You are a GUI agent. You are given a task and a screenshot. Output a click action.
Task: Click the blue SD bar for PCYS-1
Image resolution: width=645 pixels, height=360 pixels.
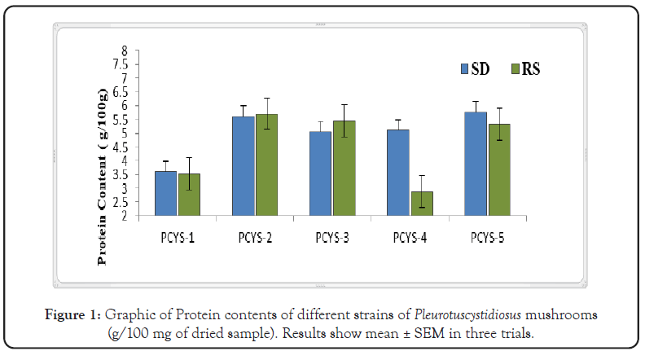point(165,194)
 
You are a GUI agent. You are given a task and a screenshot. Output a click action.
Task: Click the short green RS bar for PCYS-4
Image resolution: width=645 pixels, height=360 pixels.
point(422,204)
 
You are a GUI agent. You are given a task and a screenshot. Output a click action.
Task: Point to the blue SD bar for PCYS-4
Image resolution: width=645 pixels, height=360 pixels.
point(398,173)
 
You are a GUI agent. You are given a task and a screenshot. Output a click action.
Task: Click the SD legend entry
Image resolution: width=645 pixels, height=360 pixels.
point(472,68)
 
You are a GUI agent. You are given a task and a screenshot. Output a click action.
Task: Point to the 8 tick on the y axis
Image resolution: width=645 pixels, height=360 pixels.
point(125,50)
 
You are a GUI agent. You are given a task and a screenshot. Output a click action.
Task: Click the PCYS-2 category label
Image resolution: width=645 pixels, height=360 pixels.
point(253,238)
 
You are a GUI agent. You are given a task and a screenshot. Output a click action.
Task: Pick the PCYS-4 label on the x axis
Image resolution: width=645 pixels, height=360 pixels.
point(410,238)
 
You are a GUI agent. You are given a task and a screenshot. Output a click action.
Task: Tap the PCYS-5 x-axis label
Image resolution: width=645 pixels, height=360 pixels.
point(487,238)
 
